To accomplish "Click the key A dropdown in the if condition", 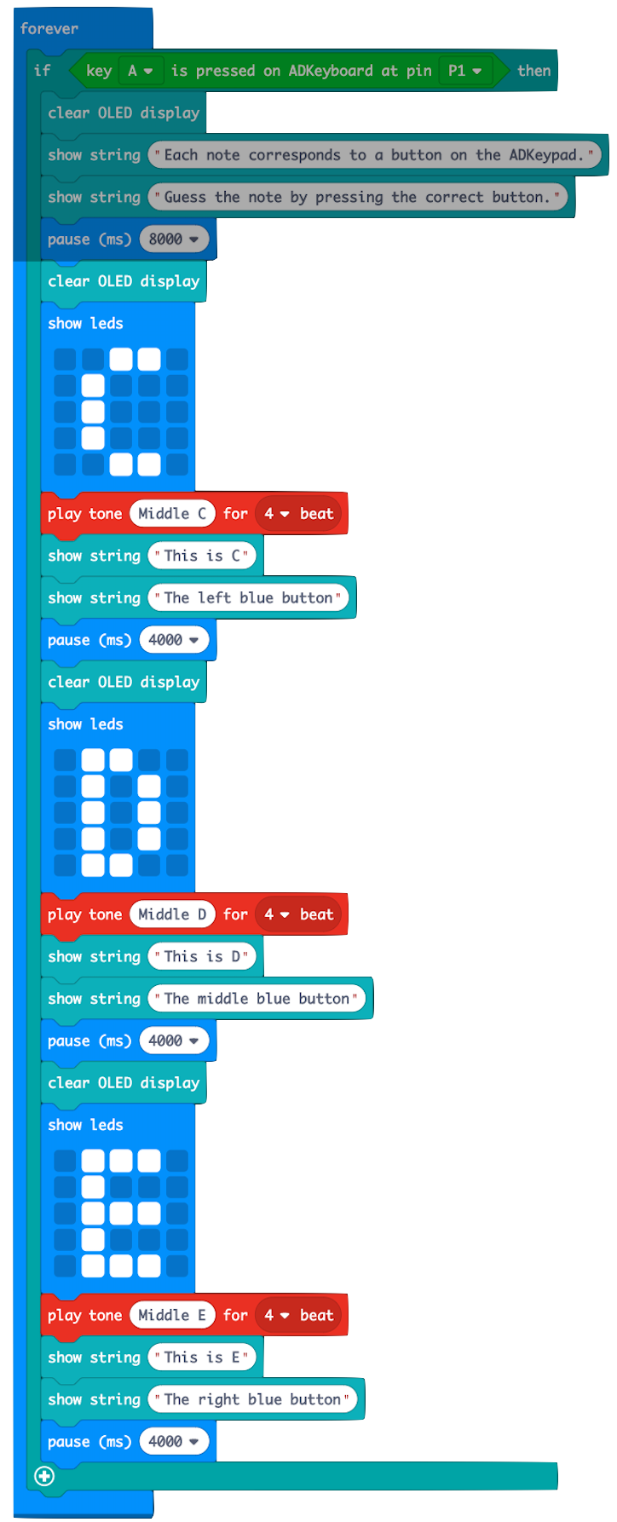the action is [x=140, y=71].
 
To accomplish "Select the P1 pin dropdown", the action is [x=464, y=71].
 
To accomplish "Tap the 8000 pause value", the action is [x=173, y=239].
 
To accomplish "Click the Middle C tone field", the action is [x=172, y=514].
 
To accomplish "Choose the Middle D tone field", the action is [x=172, y=914].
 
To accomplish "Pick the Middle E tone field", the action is [x=172, y=1315].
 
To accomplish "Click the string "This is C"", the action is [x=202, y=556].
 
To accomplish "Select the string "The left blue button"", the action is [x=248, y=598].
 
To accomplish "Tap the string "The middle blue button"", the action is [x=257, y=999].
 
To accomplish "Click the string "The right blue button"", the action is [x=252, y=1399].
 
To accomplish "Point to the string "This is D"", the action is [x=202, y=956].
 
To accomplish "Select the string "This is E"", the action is [x=202, y=1358].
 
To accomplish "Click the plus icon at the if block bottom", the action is [x=44, y=1476].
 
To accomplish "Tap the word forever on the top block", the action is [x=49, y=29].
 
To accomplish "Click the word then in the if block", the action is [x=533, y=71].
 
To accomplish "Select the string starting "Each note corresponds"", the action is [x=374, y=155].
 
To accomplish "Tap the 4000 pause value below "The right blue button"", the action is [x=173, y=1442].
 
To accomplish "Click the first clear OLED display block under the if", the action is [x=124, y=113].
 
